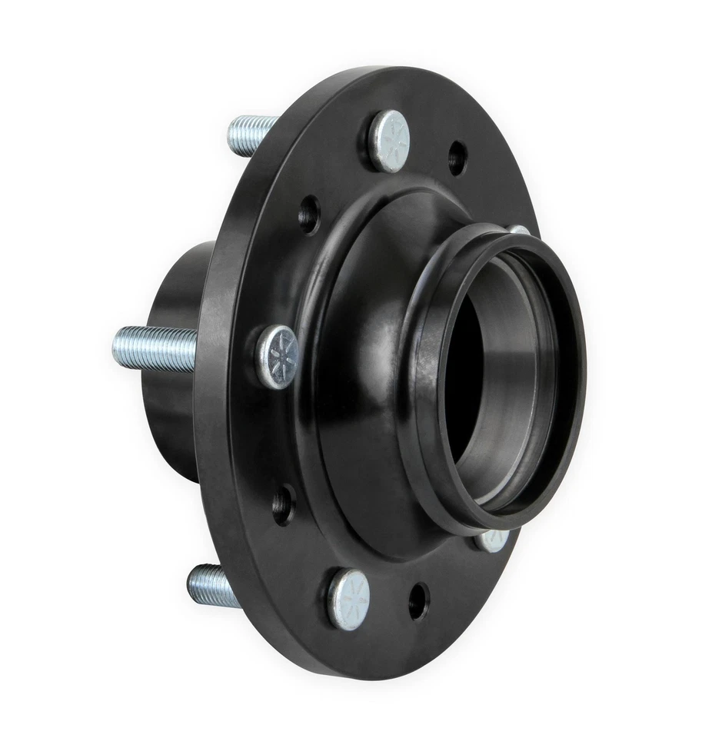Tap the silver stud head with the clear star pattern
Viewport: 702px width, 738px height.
click(278, 356)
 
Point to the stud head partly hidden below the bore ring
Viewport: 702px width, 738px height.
click(491, 540)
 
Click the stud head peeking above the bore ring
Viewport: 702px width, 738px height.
click(520, 230)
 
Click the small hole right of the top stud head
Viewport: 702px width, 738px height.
click(457, 158)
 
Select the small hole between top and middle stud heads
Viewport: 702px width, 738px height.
click(309, 214)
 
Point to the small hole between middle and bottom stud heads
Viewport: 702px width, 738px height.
click(282, 504)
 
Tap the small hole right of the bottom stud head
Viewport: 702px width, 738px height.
click(418, 600)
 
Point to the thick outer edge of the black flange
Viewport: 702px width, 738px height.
click(215, 430)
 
